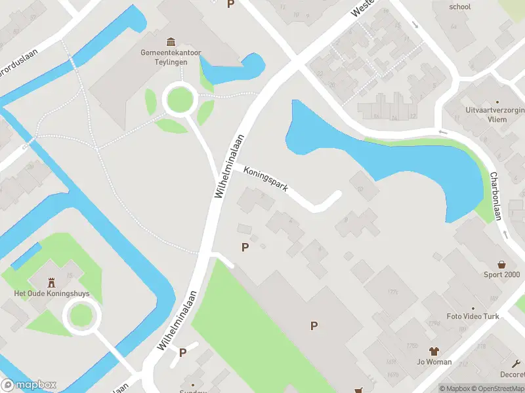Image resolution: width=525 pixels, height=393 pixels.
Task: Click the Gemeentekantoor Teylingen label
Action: point(164,57)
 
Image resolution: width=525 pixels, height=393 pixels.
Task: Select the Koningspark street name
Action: point(266,179)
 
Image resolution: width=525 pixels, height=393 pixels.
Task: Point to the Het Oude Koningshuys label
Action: point(52,293)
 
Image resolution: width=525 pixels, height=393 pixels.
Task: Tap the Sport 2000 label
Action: point(501,274)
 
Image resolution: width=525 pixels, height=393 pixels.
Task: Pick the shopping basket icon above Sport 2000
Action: point(502,264)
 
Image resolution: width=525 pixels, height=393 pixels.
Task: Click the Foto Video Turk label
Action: point(472,316)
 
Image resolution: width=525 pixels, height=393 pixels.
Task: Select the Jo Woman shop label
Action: point(434,362)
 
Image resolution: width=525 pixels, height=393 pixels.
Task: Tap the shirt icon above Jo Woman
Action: point(434,351)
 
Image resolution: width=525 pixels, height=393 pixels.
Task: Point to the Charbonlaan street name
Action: point(497,196)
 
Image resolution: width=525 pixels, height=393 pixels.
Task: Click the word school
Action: point(459,7)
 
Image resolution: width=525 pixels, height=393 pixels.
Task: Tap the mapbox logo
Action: point(29,385)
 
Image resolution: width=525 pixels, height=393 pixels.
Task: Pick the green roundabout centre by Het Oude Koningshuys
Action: point(81,316)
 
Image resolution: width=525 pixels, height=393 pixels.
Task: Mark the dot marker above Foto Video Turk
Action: point(472,308)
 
